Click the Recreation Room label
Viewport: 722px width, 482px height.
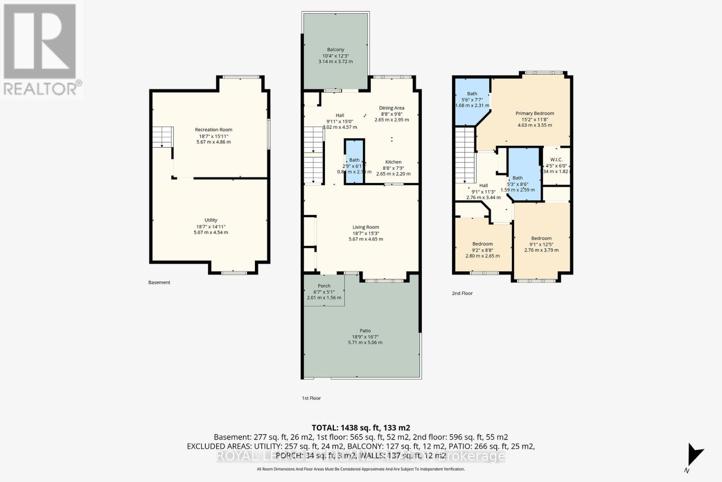click(213, 130)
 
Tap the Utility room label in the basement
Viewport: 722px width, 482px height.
click(211, 220)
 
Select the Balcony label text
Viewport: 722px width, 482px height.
click(335, 50)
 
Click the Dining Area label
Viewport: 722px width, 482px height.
click(391, 108)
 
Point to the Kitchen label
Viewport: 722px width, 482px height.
click(393, 162)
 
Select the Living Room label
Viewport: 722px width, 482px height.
click(366, 227)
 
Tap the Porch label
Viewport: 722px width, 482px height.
click(324, 286)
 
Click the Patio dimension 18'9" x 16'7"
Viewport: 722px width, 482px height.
click(365, 337)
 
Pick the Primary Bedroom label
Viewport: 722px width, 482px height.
click(535, 113)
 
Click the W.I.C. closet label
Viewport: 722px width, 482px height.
click(556, 159)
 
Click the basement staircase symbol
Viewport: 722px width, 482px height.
click(162, 137)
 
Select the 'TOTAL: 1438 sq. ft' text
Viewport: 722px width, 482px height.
click(361, 427)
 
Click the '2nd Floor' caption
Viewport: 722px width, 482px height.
click(462, 293)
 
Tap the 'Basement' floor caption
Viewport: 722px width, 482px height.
click(159, 282)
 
